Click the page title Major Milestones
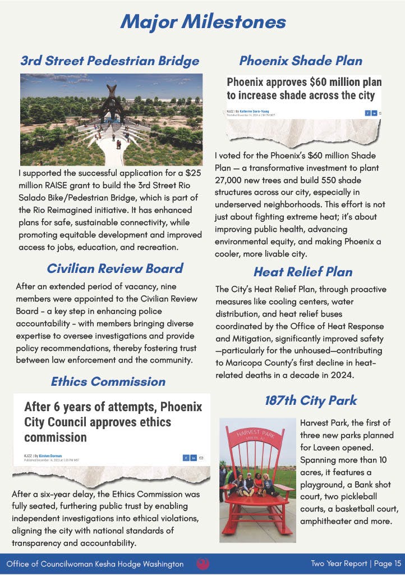(x=202, y=22)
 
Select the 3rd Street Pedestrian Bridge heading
(x=109, y=61)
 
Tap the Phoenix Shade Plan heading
(x=301, y=61)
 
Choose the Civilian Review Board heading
(x=115, y=268)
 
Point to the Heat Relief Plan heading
(x=303, y=272)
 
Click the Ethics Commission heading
(x=108, y=382)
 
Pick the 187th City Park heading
(x=311, y=401)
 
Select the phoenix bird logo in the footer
(x=203, y=564)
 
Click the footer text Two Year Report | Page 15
(x=356, y=564)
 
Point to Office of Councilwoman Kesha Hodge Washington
(x=95, y=564)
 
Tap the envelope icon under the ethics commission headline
(x=201, y=458)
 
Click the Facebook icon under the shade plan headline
(x=367, y=113)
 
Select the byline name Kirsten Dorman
(x=50, y=456)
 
